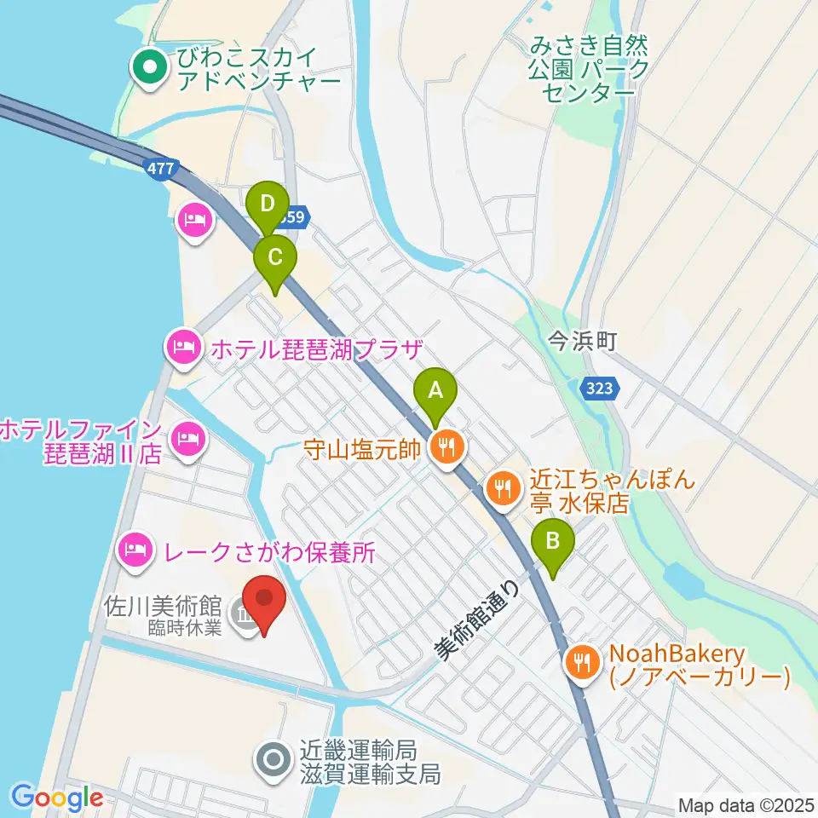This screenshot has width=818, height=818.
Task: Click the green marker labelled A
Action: click(x=435, y=394)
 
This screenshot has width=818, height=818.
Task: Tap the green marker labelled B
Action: click(x=553, y=542)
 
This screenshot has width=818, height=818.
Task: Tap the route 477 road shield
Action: click(x=156, y=169)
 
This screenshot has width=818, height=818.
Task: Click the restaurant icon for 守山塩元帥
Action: click(x=445, y=445)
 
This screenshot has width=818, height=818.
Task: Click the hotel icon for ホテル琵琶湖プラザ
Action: click(x=182, y=347)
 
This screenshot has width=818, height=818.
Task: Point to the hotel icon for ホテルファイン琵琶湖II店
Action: click(x=185, y=440)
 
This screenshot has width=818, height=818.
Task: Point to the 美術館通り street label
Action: click(x=476, y=619)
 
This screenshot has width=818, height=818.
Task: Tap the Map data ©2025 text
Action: click(x=746, y=804)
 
